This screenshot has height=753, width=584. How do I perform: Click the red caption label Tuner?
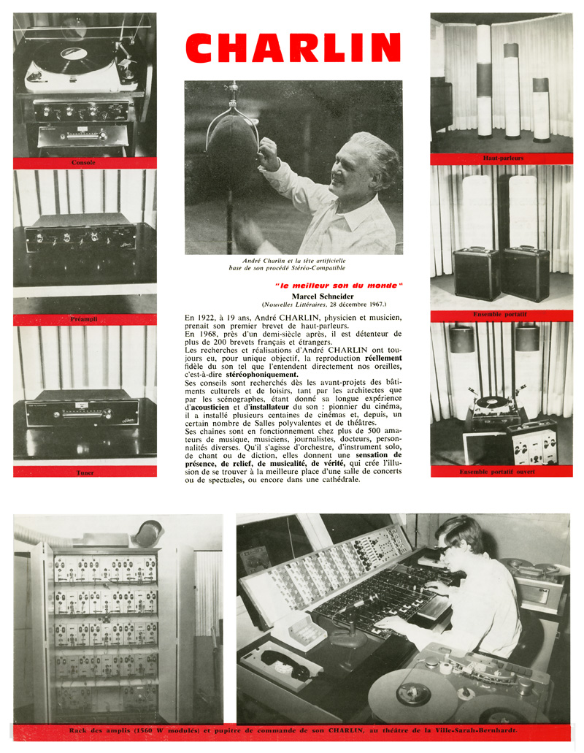[x=85, y=472]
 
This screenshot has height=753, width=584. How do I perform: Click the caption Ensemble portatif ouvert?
[x=502, y=472]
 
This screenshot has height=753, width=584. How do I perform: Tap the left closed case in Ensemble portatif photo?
[x=475, y=272]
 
